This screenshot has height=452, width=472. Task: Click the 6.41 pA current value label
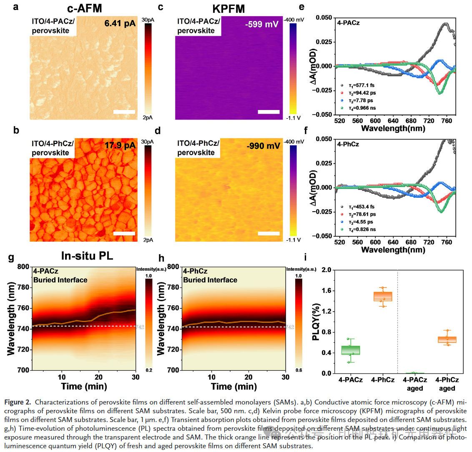tap(120, 24)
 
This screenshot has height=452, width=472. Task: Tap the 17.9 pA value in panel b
tap(120, 146)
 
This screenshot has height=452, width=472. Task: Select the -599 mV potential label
tap(261, 24)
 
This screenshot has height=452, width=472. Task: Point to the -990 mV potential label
tap(263, 146)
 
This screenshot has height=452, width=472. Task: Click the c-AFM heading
tap(85, 8)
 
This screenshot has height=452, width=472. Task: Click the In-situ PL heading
tap(87, 255)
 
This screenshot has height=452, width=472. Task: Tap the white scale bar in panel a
tap(124, 112)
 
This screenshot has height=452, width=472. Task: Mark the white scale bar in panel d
tap(269, 233)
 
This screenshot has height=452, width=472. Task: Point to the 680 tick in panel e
tap(411, 121)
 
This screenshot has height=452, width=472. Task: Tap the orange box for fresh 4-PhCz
tap(383, 296)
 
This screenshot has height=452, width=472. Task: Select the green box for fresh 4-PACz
tap(351, 350)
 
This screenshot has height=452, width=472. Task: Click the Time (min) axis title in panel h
tap(234, 386)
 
